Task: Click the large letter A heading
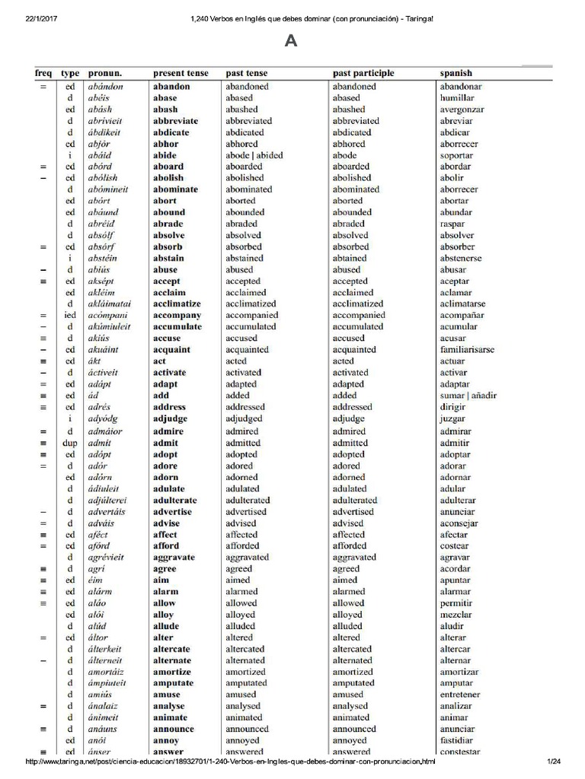coord(290,41)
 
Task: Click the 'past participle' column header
coord(363,73)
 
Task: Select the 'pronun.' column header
coord(105,73)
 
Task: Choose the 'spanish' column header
coord(456,73)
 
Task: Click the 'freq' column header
coord(43,73)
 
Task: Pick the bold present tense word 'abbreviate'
coord(175,121)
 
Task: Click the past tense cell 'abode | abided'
coord(254,155)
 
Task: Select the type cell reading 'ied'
coord(70,315)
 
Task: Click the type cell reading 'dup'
coord(70,443)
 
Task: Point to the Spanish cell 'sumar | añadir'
coord(467,396)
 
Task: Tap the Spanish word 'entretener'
coord(462,695)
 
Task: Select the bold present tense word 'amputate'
coord(173,683)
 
